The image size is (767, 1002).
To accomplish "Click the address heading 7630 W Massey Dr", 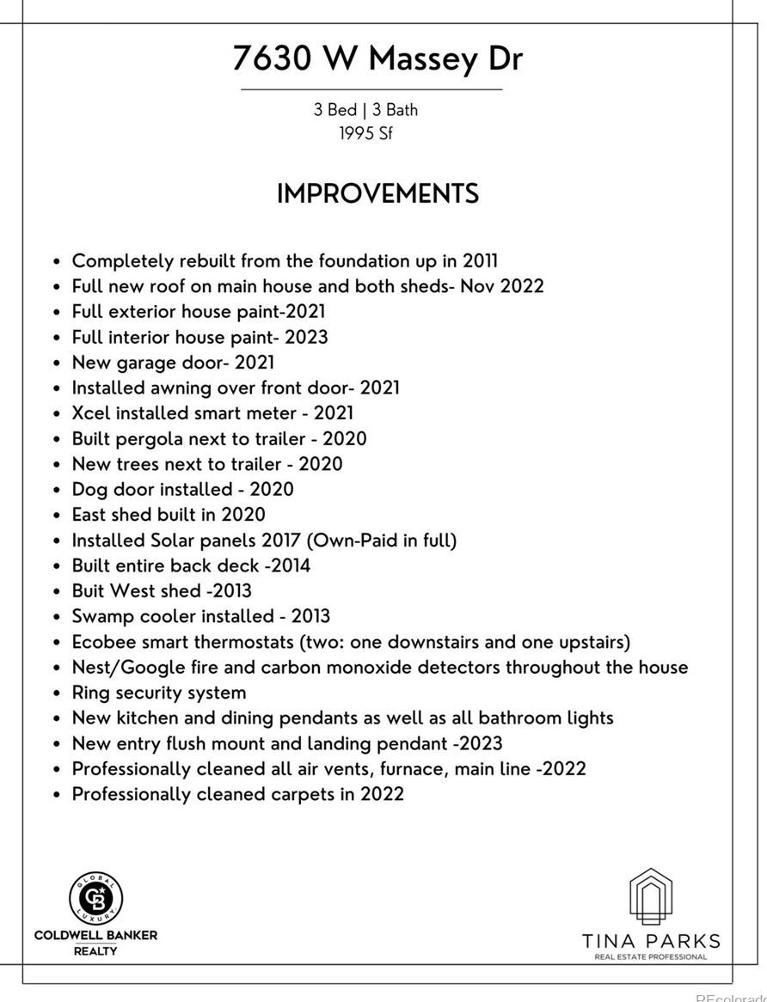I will [377, 58].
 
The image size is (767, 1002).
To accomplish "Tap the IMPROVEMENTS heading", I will [377, 194].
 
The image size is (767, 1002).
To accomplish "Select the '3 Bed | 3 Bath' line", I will [365, 110].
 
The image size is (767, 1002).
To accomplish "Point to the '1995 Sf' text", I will [365, 134].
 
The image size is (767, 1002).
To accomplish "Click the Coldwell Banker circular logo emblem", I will [95, 897].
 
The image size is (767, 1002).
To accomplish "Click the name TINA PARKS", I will [651, 941].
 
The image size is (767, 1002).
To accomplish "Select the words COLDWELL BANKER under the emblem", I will [95, 935].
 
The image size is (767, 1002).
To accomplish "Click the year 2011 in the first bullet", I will [480, 261].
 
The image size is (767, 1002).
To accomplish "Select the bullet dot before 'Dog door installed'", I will [57, 491].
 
